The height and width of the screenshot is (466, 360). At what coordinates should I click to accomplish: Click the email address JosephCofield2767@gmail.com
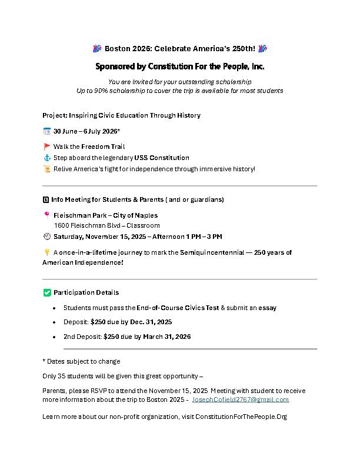pos(241,400)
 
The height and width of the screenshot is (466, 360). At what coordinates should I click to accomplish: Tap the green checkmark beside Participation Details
pos(47,292)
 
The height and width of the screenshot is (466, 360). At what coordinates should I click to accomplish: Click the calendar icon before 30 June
pos(47,131)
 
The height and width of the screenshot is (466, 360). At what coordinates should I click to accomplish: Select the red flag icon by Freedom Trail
pos(47,147)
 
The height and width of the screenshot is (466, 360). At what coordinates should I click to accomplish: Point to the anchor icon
pos(47,158)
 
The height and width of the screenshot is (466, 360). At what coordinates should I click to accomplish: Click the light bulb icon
pos(47,252)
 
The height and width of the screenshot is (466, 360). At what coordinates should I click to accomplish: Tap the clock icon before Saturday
pos(47,237)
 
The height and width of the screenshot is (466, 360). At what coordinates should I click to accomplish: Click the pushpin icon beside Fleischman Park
pos(47,215)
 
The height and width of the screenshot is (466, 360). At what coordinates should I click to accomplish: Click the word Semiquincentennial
pos(198,252)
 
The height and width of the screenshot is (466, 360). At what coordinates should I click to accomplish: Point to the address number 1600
pos(61,225)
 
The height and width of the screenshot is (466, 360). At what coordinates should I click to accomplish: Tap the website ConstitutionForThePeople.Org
pos(241,417)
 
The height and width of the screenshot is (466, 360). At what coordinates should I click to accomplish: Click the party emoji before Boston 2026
pos(98,48)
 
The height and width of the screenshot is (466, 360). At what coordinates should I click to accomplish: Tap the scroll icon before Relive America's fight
pos(47,169)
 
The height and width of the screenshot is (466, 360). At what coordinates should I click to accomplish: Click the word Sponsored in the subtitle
pos(115,66)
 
